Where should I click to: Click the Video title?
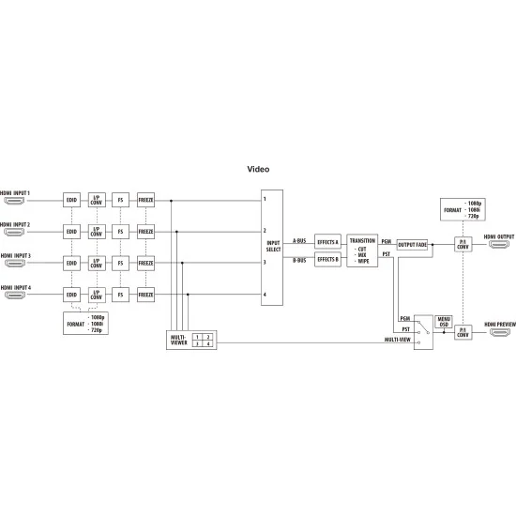coord(258,169)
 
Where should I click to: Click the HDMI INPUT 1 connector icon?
coord(14,201)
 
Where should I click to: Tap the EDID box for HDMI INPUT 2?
coord(71,232)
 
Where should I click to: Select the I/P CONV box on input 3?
coord(97,264)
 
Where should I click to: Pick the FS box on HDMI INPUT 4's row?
coord(120,295)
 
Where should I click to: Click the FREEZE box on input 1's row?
coord(145,200)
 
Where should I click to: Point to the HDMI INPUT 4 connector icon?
coord(15,295)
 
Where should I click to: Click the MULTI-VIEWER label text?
coord(178,340)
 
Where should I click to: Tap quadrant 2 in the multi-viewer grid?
coord(208,337)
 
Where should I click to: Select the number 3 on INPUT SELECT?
coord(265,263)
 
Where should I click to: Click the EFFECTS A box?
coord(327,242)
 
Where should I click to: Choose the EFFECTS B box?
coord(327,259)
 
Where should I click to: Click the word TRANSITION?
coord(362,240)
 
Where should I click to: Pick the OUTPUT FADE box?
coord(412,245)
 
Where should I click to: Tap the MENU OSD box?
coord(444,322)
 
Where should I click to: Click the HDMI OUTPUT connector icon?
coord(499,244)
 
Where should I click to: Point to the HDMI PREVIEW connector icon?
coord(500,332)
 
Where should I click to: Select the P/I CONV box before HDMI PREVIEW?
coord(463,332)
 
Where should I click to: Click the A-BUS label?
coord(299,241)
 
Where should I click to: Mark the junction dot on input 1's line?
coord(171,201)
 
